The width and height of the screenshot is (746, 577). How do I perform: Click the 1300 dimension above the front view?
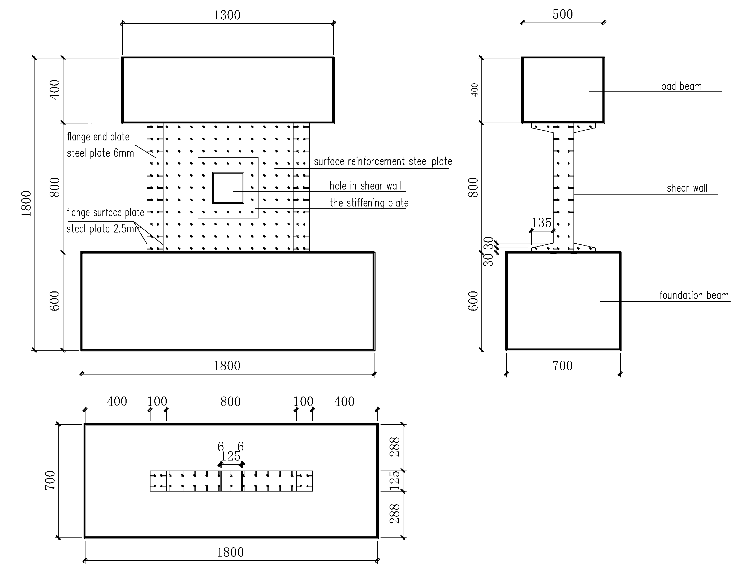(227, 15)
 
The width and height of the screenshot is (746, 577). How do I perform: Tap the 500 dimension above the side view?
(563, 14)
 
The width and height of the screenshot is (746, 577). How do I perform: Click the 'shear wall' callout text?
(687, 188)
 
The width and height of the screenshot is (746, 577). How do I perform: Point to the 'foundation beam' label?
(694, 295)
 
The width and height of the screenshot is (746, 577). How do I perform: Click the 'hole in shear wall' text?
(365, 186)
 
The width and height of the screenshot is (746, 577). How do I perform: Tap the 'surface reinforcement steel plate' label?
(383, 161)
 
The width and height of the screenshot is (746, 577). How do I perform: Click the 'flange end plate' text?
(98, 137)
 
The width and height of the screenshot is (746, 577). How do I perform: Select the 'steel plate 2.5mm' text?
(104, 229)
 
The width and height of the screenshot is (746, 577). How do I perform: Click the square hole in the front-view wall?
(228, 188)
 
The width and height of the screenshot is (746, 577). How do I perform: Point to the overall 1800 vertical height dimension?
(27, 204)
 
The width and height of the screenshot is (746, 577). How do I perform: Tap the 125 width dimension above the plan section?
(231, 456)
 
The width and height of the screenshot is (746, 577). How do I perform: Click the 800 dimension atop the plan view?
(230, 401)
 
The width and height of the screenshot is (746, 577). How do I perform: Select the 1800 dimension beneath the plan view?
(230, 552)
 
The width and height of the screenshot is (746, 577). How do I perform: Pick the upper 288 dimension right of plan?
(395, 447)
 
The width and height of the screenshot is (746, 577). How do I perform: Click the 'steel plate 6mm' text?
(100, 153)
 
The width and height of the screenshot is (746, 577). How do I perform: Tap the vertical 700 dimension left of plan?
(50, 480)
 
